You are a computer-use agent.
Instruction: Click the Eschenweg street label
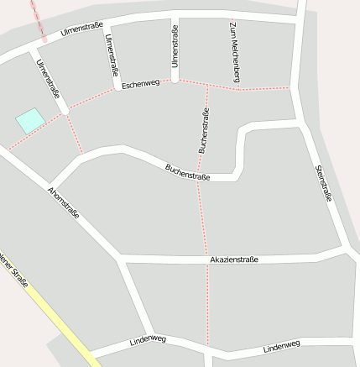pos(140,84)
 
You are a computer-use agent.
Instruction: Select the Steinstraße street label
pos(324,183)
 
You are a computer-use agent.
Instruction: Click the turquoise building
pos(30,120)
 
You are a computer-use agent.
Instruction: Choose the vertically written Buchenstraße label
pos(203,131)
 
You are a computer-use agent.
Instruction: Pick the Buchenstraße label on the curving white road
pos(187,172)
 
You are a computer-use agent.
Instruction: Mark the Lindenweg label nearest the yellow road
pos(149,340)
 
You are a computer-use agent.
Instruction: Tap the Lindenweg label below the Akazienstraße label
pos(281,345)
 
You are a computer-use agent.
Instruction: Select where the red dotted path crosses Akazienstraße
pos(206,259)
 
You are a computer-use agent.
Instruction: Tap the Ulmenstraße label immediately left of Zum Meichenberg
pos(175,46)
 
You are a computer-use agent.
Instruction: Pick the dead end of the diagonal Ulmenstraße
pos(64,109)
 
